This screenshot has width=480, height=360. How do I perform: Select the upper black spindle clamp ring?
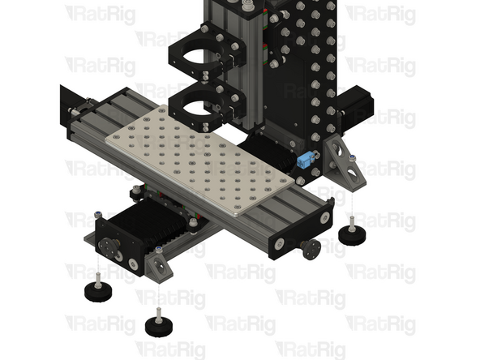pos(202,56)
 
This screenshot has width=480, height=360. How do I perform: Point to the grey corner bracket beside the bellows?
pos(158,263)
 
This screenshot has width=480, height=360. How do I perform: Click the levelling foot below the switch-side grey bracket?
pos(354,234)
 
